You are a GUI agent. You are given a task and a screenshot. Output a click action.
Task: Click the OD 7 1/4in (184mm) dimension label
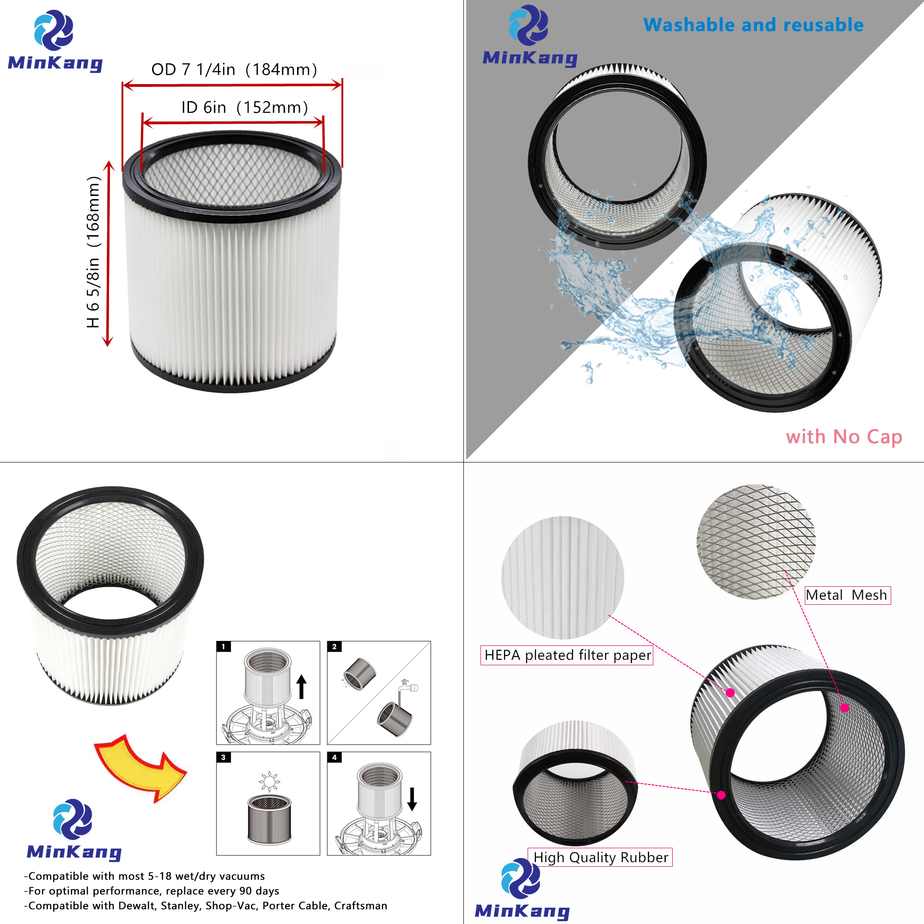tap(234, 70)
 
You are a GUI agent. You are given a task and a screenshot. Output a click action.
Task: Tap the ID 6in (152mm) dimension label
tap(244, 108)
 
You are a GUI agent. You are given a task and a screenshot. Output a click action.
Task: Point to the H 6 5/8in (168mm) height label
tap(93, 252)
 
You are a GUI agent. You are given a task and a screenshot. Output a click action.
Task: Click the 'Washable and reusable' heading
tap(753, 25)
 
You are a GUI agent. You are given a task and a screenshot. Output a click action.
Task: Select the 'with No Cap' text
tap(844, 437)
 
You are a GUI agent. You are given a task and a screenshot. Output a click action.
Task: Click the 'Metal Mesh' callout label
tap(847, 595)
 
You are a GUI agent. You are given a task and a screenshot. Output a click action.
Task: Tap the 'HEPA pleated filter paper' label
tap(567, 655)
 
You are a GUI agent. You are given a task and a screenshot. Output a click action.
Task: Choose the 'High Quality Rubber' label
tap(600, 857)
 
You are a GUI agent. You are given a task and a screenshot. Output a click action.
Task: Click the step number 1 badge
tap(223, 647)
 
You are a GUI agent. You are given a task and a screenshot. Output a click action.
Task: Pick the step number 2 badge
tap(334, 647)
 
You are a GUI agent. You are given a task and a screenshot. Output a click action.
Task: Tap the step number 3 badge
tap(223, 757)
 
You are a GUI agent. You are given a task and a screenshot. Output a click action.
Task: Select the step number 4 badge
tap(334, 757)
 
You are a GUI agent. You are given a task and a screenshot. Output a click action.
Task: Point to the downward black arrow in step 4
tap(412, 799)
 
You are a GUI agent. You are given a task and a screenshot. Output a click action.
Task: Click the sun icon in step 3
tap(269, 782)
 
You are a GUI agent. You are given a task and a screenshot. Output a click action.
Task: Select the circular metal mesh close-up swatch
tap(756, 541)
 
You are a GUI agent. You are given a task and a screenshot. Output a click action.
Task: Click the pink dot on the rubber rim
tap(721, 795)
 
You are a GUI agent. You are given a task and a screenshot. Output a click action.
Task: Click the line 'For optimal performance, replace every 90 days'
tap(153, 891)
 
